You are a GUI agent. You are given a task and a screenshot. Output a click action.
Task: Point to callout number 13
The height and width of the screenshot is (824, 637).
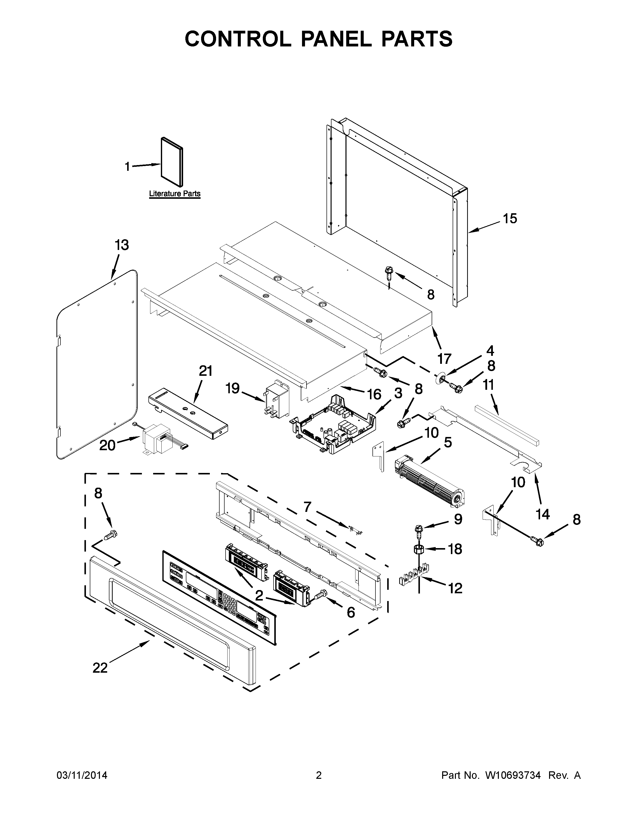pyautogui.click(x=121, y=245)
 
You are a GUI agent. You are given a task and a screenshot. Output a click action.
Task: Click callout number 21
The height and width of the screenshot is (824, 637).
pyautogui.click(x=205, y=371)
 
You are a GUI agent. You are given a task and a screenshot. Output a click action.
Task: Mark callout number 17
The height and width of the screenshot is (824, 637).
pyautogui.click(x=445, y=358)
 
